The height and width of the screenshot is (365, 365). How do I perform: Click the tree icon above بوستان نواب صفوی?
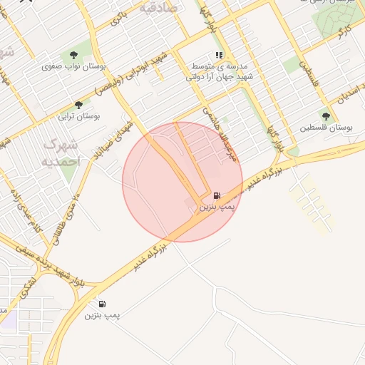[x=73, y=55]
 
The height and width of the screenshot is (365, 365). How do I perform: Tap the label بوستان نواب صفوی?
[x=74, y=66]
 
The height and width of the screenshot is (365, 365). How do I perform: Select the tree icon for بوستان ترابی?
[x=78, y=105]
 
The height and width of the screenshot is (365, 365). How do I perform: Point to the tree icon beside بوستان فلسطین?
[x=326, y=116]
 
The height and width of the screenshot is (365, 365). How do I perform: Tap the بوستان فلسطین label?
[x=327, y=128]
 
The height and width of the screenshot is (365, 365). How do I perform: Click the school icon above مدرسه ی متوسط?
[x=220, y=55]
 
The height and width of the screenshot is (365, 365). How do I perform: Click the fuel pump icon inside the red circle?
[x=216, y=195]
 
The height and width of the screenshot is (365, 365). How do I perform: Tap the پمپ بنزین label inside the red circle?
[x=216, y=207]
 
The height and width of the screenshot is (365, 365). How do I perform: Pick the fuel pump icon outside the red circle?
[x=102, y=304]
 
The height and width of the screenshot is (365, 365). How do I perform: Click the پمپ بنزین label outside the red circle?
[x=102, y=314]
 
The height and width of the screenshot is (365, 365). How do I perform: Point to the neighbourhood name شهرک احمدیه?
[x=63, y=153]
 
